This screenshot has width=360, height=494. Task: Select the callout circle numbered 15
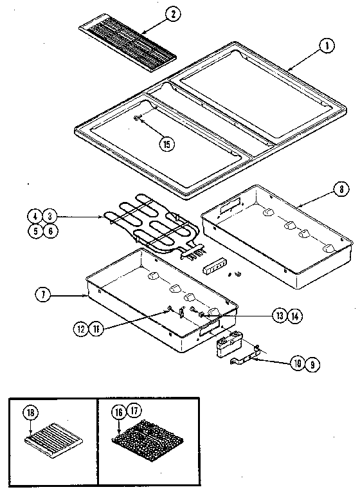(x=167, y=144)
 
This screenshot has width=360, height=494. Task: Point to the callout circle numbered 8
(x=340, y=190)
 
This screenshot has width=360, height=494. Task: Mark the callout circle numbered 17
(x=134, y=412)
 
